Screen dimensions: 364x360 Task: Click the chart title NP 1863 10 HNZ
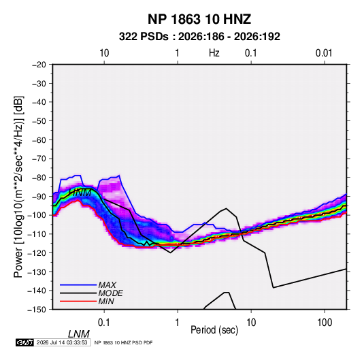(199, 19)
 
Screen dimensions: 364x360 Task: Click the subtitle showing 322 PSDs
(199, 37)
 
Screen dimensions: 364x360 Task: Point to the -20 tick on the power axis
(39, 65)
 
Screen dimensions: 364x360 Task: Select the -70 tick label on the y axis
(39, 159)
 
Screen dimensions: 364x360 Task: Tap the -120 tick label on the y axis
(37, 253)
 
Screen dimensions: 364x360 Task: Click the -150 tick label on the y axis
(37, 310)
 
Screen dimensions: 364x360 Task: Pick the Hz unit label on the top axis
(214, 53)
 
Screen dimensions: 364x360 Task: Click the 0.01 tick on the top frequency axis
(324, 53)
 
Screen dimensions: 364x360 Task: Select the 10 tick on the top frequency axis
(104, 53)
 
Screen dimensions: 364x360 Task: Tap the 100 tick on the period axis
(325, 323)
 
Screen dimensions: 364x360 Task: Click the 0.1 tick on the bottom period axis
(103, 323)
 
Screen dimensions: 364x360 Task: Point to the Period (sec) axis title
(214, 330)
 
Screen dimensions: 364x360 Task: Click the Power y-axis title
(18, 187)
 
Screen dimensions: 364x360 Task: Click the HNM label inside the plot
(80, 193)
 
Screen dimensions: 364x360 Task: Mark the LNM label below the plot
(79, 334)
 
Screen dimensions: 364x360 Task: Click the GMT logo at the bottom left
(25, 342)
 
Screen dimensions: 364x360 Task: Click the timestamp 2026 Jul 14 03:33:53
(62, 342)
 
